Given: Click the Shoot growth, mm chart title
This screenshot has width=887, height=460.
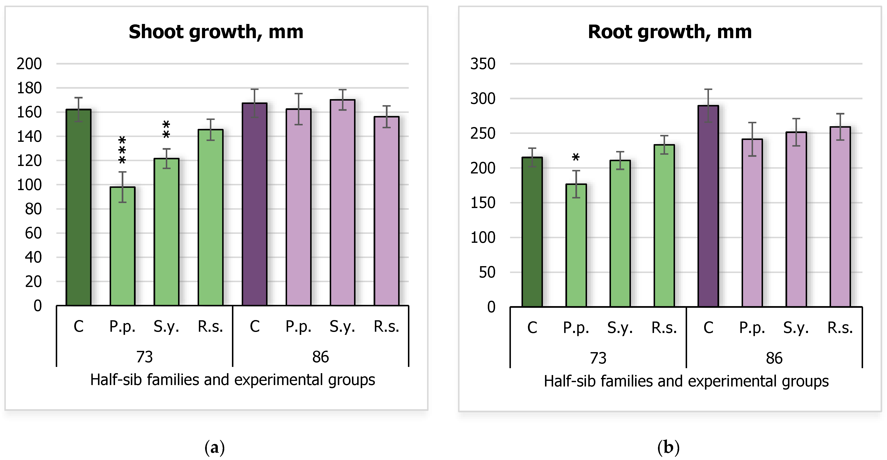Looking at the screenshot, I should [x=216, y=32].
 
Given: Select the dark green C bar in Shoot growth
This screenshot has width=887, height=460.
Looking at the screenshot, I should [x=78, y=207].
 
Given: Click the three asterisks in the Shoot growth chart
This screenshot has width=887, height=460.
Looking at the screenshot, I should [x=122, y=150].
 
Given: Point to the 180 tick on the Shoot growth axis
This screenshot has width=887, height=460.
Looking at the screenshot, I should [x=29, y=88].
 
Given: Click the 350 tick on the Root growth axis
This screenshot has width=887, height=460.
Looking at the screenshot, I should [x=483, y=64].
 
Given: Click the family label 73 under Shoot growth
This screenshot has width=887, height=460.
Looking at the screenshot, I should [x=144, y=357].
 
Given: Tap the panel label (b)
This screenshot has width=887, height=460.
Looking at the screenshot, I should [x=668, y=448].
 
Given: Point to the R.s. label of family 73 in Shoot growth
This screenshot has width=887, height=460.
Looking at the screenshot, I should [x=210, y=326].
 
